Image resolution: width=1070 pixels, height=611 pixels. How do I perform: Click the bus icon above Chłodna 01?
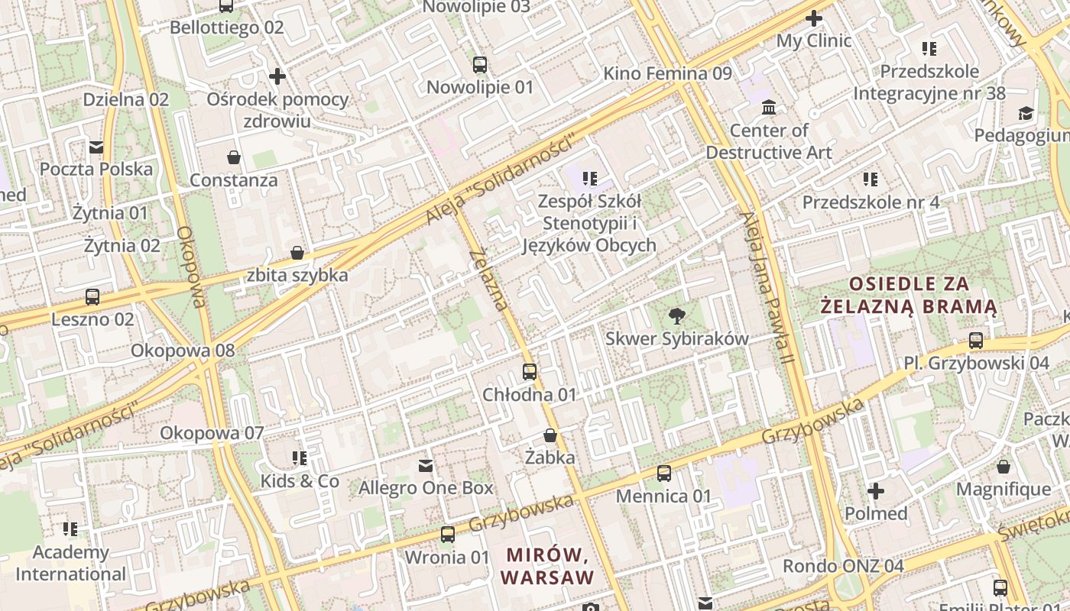coord(530,372)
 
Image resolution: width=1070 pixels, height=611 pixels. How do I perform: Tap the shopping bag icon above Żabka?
coord(550,435)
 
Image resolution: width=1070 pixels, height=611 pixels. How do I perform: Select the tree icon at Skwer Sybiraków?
coord(676,315)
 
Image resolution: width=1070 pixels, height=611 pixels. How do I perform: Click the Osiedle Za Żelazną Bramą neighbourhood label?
coord(909,296)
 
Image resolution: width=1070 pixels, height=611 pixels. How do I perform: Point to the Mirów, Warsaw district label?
coord(547,565)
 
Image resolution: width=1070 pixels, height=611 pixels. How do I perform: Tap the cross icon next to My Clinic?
coord(814,18)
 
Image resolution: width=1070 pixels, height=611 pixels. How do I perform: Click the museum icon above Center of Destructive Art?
coord(769,107)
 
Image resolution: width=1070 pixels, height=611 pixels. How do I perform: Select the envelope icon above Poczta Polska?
coord(96,147)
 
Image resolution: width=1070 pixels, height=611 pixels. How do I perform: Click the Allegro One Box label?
coord(426,487)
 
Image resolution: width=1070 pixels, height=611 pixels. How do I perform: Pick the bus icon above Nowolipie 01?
coord(479,65)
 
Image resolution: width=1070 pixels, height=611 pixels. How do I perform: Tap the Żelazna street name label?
coord(489,279)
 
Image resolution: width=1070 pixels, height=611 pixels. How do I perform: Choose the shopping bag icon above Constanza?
coord(234,157)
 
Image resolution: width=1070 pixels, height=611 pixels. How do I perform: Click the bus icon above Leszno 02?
coord(92,296)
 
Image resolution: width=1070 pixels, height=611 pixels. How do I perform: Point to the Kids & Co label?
coord(300,481)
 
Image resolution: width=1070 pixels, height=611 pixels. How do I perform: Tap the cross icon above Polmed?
coord(876,490)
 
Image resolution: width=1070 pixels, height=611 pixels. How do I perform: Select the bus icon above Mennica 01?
coord(663,474)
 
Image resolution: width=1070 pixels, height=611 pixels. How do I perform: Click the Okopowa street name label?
coord(191,267)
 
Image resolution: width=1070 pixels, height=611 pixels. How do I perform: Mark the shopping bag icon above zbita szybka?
coord(297,253)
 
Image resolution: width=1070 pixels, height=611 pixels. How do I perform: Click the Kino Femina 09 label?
coord(667,73)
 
